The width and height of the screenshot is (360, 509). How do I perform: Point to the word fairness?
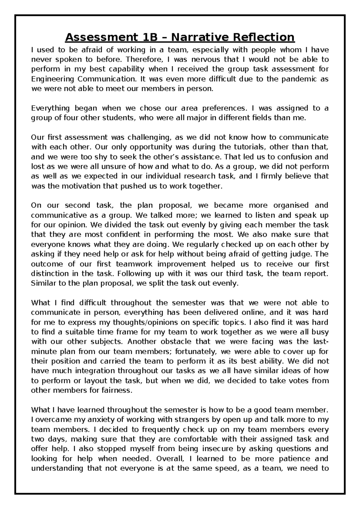point(118,391)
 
